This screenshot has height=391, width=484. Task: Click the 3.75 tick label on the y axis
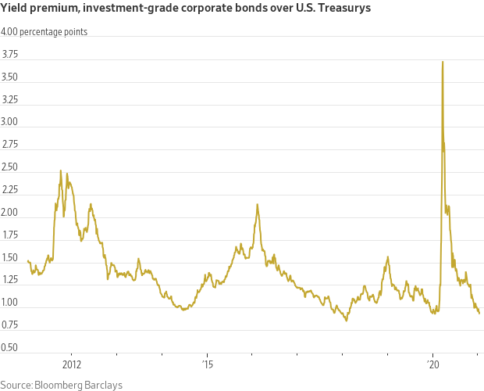12,55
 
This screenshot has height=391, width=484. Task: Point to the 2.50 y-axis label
12,167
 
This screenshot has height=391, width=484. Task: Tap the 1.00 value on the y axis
12,303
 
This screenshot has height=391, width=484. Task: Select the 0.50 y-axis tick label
12,347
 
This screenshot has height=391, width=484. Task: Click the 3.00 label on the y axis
12,123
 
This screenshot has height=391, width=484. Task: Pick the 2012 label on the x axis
72,364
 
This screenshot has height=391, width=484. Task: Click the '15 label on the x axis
207,364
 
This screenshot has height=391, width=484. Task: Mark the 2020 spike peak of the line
443,62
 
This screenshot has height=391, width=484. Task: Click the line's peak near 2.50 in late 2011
61,170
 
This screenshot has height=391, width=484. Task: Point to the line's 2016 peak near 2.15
257,204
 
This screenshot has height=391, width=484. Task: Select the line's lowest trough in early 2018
346,321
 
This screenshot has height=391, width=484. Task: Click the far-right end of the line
479,313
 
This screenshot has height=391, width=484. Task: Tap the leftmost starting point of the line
27,260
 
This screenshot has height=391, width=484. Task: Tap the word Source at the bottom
16,384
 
